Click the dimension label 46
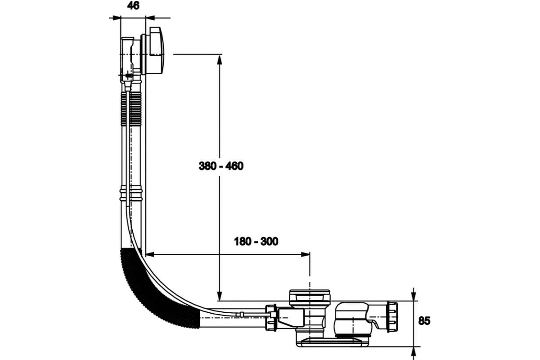pos(133,6)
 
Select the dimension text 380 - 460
pos(221,166)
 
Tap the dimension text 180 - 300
pos(256,242)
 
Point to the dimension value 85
pos(424,321)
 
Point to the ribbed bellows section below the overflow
pos(131,110)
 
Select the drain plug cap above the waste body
pos(309,296)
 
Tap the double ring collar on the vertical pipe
pos(131,194)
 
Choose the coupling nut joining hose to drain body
pos(271,318)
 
